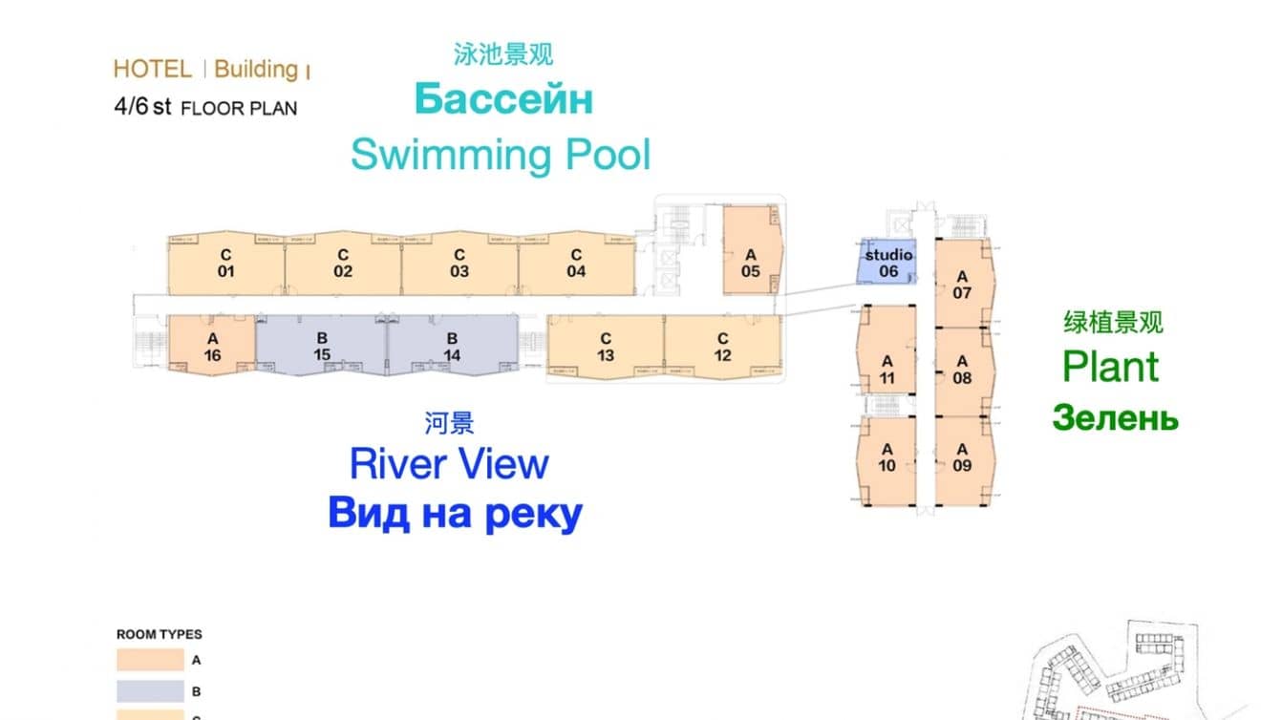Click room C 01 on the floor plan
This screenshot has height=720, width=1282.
pos(225,264)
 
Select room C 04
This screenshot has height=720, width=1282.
pos(576,264)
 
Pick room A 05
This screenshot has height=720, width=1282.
pos(751,263)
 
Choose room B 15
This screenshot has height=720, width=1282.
pos(322,347)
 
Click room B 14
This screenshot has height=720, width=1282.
pos(452,347)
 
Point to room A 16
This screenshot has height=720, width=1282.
pos(212,347)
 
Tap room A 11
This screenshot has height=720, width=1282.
pos(887,371)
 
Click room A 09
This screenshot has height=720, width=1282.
pos(963,457)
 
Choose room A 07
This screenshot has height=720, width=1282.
pos(963,285)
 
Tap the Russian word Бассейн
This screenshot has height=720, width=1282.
pos(502,99)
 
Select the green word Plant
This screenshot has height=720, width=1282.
pos(1111,367)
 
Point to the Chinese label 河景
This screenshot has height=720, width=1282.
pos(449,422)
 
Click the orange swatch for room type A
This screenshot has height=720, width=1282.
pos(150,659)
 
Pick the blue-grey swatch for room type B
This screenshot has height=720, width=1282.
pos(150,691)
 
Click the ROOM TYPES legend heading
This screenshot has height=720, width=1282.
pos(160,634)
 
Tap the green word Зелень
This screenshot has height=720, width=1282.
pos(1115,417)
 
